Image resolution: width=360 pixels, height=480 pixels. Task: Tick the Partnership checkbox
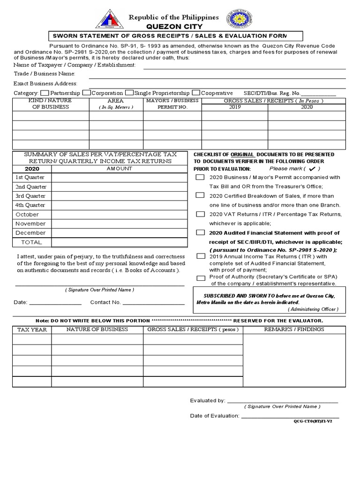point(45,93)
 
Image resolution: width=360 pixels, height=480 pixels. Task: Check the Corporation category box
point(86,93)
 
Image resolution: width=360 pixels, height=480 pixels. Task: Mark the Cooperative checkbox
point(197,93)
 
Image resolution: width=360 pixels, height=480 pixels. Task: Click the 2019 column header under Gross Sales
point(234,107)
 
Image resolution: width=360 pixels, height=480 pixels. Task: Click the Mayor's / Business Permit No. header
point(172,104)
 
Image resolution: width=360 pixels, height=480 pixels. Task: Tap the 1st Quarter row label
point(30,177)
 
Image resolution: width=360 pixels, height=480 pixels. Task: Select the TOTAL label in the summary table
point(31,242)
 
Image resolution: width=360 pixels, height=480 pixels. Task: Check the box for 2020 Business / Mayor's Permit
point(200,178)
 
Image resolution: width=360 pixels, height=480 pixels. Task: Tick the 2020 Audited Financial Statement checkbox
point(200,232)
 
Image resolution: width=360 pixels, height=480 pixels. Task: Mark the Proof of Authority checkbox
point(201,278)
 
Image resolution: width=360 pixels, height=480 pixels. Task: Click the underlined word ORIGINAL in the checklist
point(243,155)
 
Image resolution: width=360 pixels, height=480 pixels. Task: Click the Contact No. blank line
point(153,303)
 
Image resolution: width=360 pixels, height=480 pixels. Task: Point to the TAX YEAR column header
point(32,330)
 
